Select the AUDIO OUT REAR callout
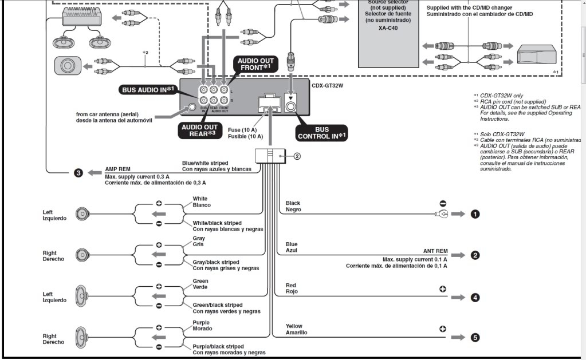tap(200, 130)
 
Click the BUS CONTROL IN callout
tap(321, 133)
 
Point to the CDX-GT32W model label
tap(331, 85)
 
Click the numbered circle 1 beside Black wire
tap(474, 214)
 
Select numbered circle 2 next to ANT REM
tap(474, 255)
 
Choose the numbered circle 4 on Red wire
tap(474, 297)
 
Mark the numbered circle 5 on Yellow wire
tap(474, 338)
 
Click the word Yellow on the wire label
tap(294, 326)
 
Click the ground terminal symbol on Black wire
tap(441, 214)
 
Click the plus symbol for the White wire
tap(159, 203)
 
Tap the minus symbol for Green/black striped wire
tap(159, 306)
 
